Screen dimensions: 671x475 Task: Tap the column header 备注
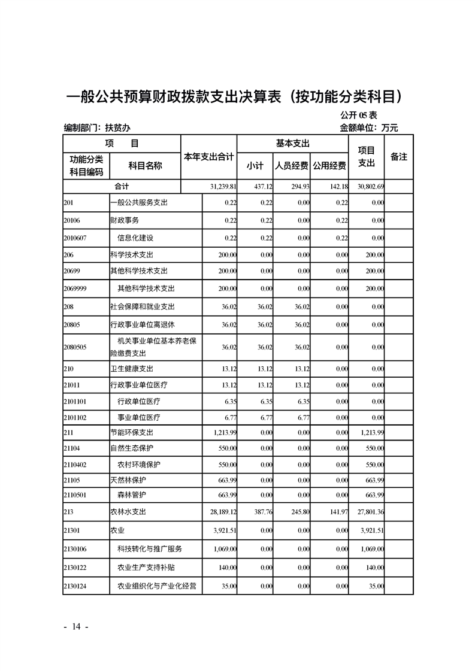point(398,157)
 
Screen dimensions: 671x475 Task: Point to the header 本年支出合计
point(208,157)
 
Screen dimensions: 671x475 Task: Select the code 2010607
point(75,238)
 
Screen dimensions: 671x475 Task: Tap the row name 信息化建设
point(135,238)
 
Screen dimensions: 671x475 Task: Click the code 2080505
point(75,347)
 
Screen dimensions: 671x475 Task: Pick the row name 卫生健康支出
point(132,369)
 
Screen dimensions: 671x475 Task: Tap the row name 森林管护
point(132,494)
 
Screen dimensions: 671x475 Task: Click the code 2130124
point(75,586)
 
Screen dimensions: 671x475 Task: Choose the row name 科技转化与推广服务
point(149,548)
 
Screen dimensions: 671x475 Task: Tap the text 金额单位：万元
point(368,127)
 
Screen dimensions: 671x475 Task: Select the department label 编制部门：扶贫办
point(97,127)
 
